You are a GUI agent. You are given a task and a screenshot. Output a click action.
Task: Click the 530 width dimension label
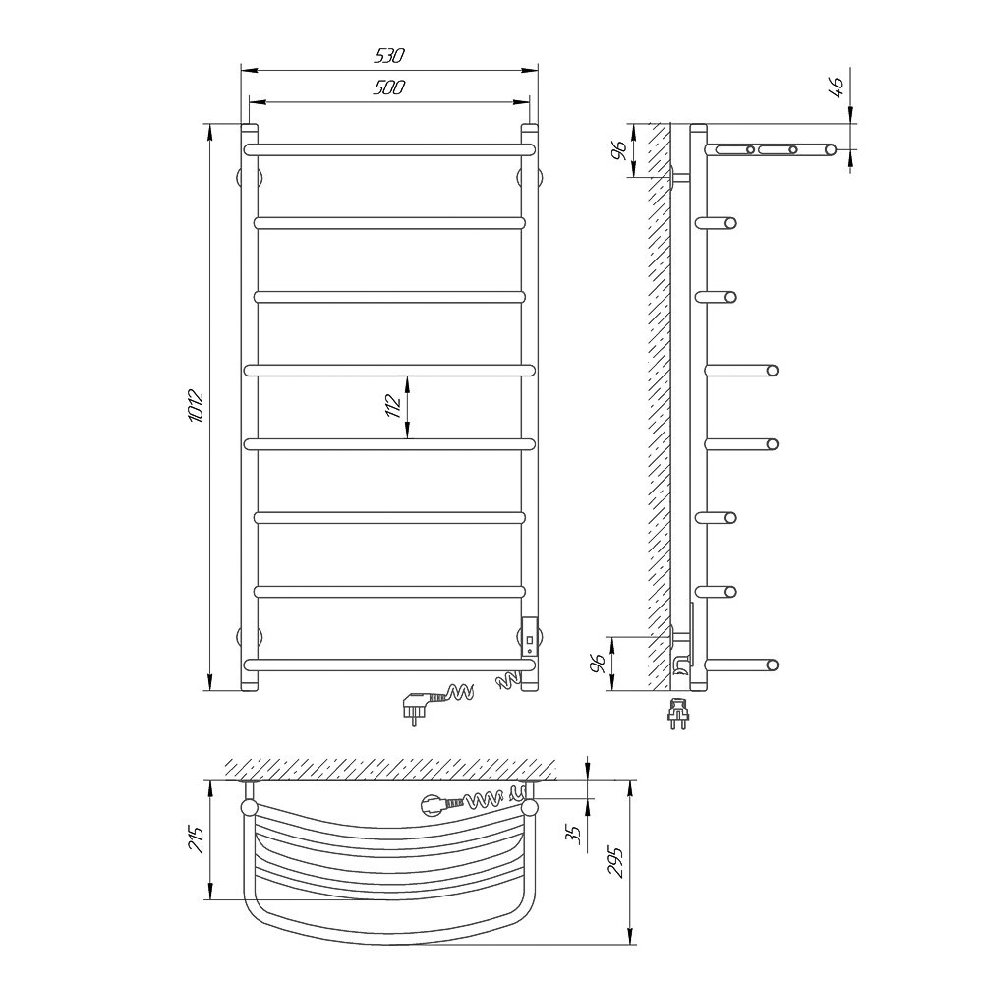point(389,56)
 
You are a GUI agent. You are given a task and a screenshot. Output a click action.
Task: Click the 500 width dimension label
point(389,87)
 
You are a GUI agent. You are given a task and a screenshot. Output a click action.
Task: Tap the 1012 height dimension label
point(197,406)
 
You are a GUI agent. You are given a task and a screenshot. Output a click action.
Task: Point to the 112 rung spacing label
point(393,406)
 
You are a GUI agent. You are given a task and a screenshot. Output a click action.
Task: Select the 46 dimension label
point(837,84)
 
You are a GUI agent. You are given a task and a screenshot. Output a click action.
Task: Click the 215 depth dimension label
point(197,838)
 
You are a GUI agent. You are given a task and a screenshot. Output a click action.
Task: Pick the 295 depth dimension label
point(615,862)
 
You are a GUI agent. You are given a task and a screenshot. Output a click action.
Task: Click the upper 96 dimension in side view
point(618,150)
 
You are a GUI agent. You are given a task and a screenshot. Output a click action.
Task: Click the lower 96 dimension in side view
point(599,663)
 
